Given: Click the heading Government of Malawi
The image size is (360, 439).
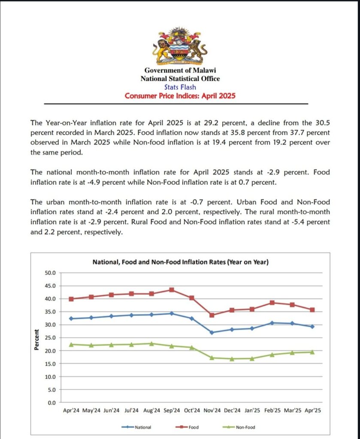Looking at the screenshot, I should [180, 70].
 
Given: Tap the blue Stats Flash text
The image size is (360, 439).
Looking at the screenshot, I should [180, 87].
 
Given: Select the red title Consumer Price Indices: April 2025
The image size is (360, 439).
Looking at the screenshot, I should [180, 96].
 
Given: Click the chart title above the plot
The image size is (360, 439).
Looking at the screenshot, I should [181, 262].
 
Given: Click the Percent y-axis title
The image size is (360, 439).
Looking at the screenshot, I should [37, 340].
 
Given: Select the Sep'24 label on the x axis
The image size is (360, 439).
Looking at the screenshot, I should [172, 410].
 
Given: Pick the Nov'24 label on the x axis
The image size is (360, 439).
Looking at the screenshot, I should [212, 410].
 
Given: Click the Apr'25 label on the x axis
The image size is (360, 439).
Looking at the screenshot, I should [312, 410].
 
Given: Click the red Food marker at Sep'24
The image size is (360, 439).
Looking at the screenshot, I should [172, 290].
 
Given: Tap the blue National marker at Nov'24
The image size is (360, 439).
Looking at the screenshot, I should [212, 332].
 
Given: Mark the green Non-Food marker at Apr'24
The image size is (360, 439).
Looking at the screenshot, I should [71, 344].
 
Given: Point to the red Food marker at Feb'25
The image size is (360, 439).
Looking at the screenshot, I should [272, 303].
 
